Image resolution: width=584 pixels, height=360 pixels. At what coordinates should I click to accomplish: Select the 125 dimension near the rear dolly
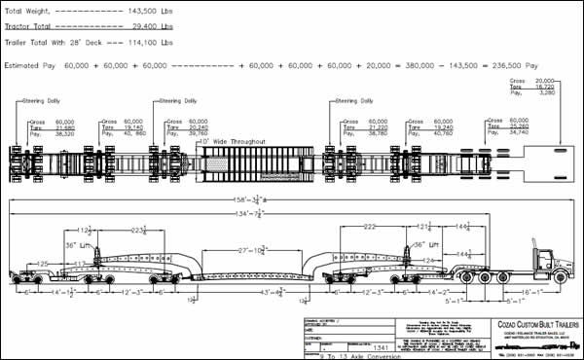click(42, 263)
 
